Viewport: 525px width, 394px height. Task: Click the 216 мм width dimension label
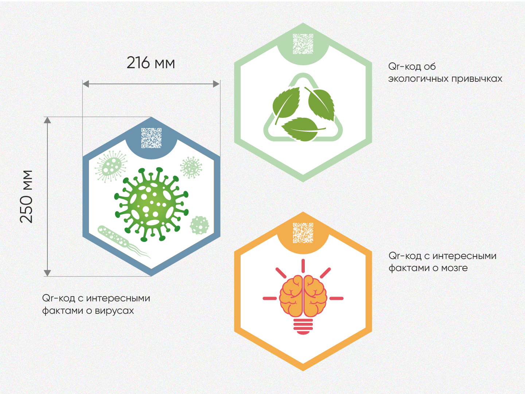pos(151,63)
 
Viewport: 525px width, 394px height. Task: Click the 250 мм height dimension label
pos(26,196)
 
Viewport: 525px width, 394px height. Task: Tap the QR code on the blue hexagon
pos(151,138)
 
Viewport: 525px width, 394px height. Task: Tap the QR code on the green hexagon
pos(303,44)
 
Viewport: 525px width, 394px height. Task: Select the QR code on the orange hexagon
pos(303,233)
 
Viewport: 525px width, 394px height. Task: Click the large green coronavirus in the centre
pos(151,204)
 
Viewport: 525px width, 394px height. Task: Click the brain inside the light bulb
pos(303,295)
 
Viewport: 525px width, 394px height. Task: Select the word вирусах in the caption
pos(114,311)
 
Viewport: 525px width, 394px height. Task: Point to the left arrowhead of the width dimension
pos(86,84)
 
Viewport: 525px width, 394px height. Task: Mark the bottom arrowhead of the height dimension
pos(47,273)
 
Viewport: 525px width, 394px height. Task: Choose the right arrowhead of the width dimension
pos(216,84)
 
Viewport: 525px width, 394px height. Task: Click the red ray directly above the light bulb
pos(303,265)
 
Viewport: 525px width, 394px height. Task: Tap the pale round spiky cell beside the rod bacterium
pos(199,225)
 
